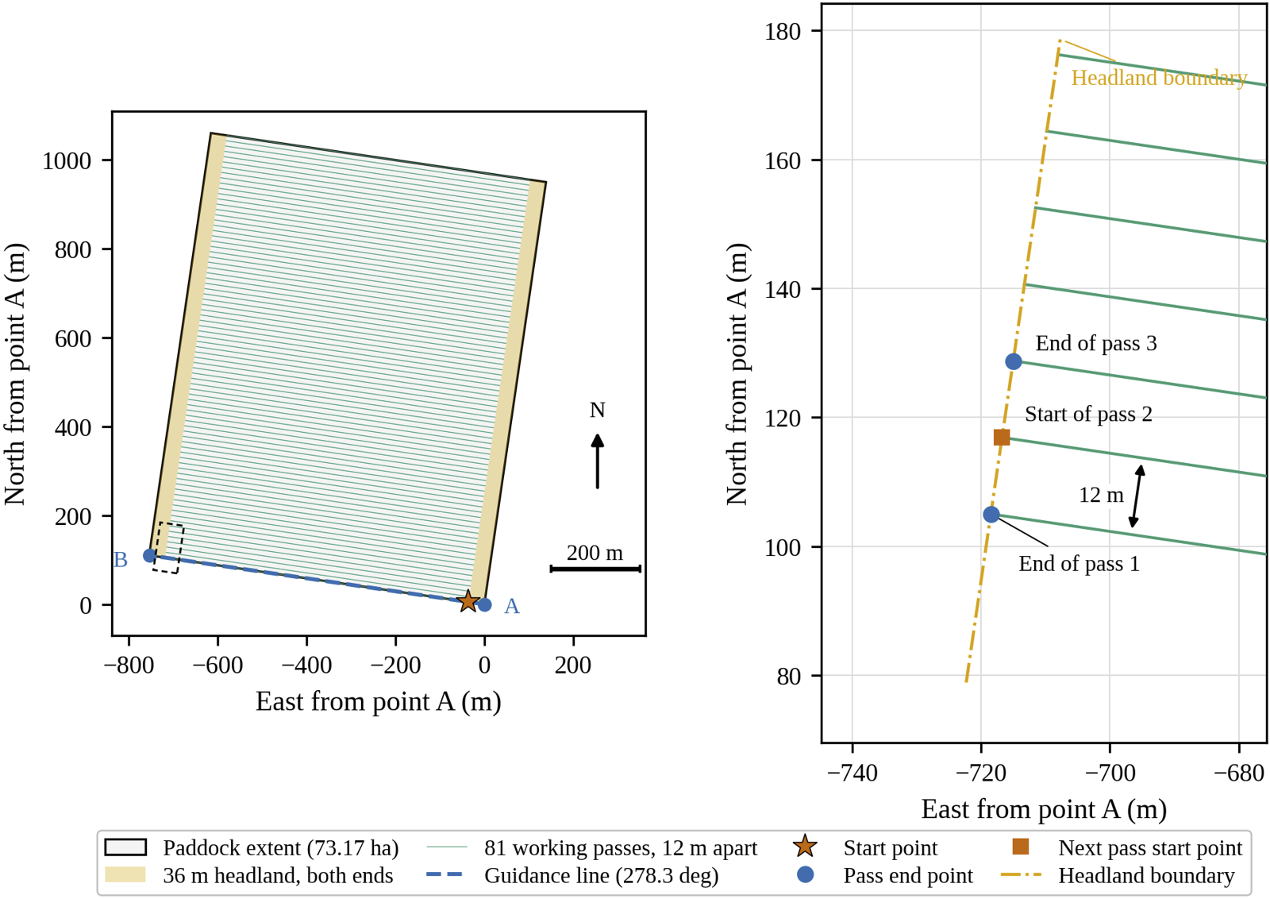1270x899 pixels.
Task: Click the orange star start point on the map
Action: tap(468, 600)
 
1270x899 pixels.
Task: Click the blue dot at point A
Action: tap(484, 604)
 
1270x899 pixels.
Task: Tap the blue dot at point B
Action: tap(150, 555)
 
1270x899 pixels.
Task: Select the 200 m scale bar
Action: tap(595, 569)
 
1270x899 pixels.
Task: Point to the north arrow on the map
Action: tap(597, 461)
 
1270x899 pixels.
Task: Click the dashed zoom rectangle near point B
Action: tap(168, 548)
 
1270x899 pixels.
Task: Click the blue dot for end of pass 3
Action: tap(1013, 361)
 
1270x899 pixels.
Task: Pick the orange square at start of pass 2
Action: tap(1002, 438)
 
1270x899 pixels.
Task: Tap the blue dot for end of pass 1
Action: tap(991, 515)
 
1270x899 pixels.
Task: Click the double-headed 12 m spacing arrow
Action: tap(1136, 496)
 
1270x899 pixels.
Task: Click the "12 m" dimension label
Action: tap(1101, 495)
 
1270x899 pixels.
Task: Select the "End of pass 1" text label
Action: tap(1079, 564)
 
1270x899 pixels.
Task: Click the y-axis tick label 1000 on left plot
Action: tap(67, 161)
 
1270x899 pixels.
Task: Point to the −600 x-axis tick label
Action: tap(217, 665)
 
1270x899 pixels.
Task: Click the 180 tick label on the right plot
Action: tap(783, 31)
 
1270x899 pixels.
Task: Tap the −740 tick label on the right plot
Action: tap(852, 773)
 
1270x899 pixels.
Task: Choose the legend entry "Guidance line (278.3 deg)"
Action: tap(572, 875)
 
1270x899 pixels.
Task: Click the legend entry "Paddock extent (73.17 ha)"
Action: tap(252, 848)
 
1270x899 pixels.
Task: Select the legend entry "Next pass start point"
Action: tap(1127, 848)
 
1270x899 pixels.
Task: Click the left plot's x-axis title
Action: tap(378, 701)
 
